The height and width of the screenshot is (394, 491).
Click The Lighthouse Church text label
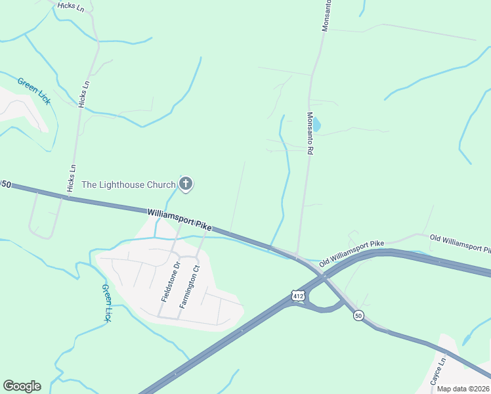click(x=128, y=185)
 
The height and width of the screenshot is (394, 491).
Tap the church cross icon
click(x=186, y=184)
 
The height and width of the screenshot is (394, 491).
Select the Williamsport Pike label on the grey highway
click(x=179, y=219)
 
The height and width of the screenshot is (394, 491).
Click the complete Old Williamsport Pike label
click(x=351, y=254)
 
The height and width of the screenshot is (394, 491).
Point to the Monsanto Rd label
click(x=310, y=132)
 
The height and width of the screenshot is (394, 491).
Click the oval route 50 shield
click(x=358, y=316)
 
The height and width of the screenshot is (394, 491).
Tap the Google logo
click(x=22, y=386)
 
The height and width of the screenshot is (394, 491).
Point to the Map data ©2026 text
click(x=463, y=389)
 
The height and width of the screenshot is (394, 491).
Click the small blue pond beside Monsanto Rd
click(x=317, y=124)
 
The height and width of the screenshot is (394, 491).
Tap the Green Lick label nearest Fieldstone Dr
click(x=106, y=302)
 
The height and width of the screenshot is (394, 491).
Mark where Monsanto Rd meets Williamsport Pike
click(x=297, y=255)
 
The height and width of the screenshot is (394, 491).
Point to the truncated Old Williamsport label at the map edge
click(x=460, y=243)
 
